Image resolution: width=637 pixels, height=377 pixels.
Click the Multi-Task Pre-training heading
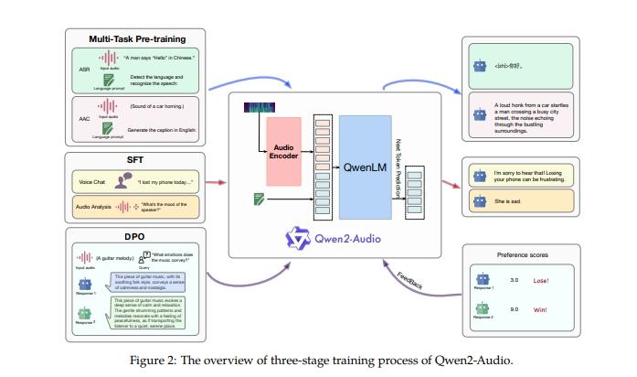coord(136,38)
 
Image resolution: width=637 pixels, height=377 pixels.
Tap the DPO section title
coord(135,234)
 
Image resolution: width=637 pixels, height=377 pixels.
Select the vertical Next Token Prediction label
coord(398,168)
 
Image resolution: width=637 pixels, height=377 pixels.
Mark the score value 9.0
coord(515,310)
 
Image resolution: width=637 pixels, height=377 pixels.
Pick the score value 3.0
coord(515,280)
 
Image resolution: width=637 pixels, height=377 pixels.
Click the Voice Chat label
coord(94,183)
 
